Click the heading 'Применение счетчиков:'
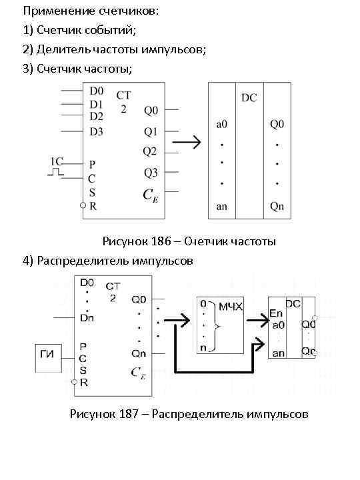tap(91, 11)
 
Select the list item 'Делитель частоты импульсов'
tap(114, 50)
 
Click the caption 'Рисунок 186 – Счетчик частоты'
tap(189, 241)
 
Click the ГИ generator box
tap(47, 359)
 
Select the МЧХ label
tap(231, 306)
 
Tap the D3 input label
tap(97, 131)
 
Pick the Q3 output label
tap(151, 173)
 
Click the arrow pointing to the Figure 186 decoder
tap(187, 142)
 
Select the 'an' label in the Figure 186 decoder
tap(222, 207)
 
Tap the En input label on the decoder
tap(275, 313)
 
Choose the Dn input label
tap(87, 318)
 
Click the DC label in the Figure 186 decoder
tap(249, 98)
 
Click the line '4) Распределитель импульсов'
tap(107, 261)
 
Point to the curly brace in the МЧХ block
tap(215, 325)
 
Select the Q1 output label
tap(151, 131)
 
